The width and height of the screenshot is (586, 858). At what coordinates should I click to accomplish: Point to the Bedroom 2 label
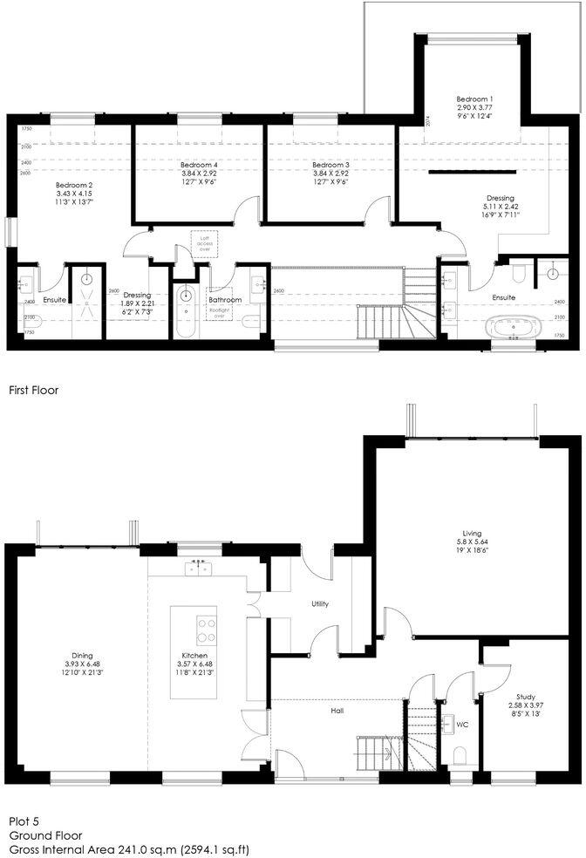[x=74, y=185]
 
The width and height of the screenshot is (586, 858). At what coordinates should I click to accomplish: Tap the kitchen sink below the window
[x=198, y=569]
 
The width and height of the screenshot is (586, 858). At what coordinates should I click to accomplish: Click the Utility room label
[x=320, y=603]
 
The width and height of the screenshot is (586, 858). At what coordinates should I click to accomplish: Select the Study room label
[x=525, y=697]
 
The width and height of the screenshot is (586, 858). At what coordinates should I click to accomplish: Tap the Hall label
[x=337, y=711]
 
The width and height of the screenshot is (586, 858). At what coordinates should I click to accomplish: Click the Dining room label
[x=83, y=656]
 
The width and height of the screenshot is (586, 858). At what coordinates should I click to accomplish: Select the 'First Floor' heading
[x=33, y=391]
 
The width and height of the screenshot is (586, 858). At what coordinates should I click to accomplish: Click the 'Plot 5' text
[x=25, y=821]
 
